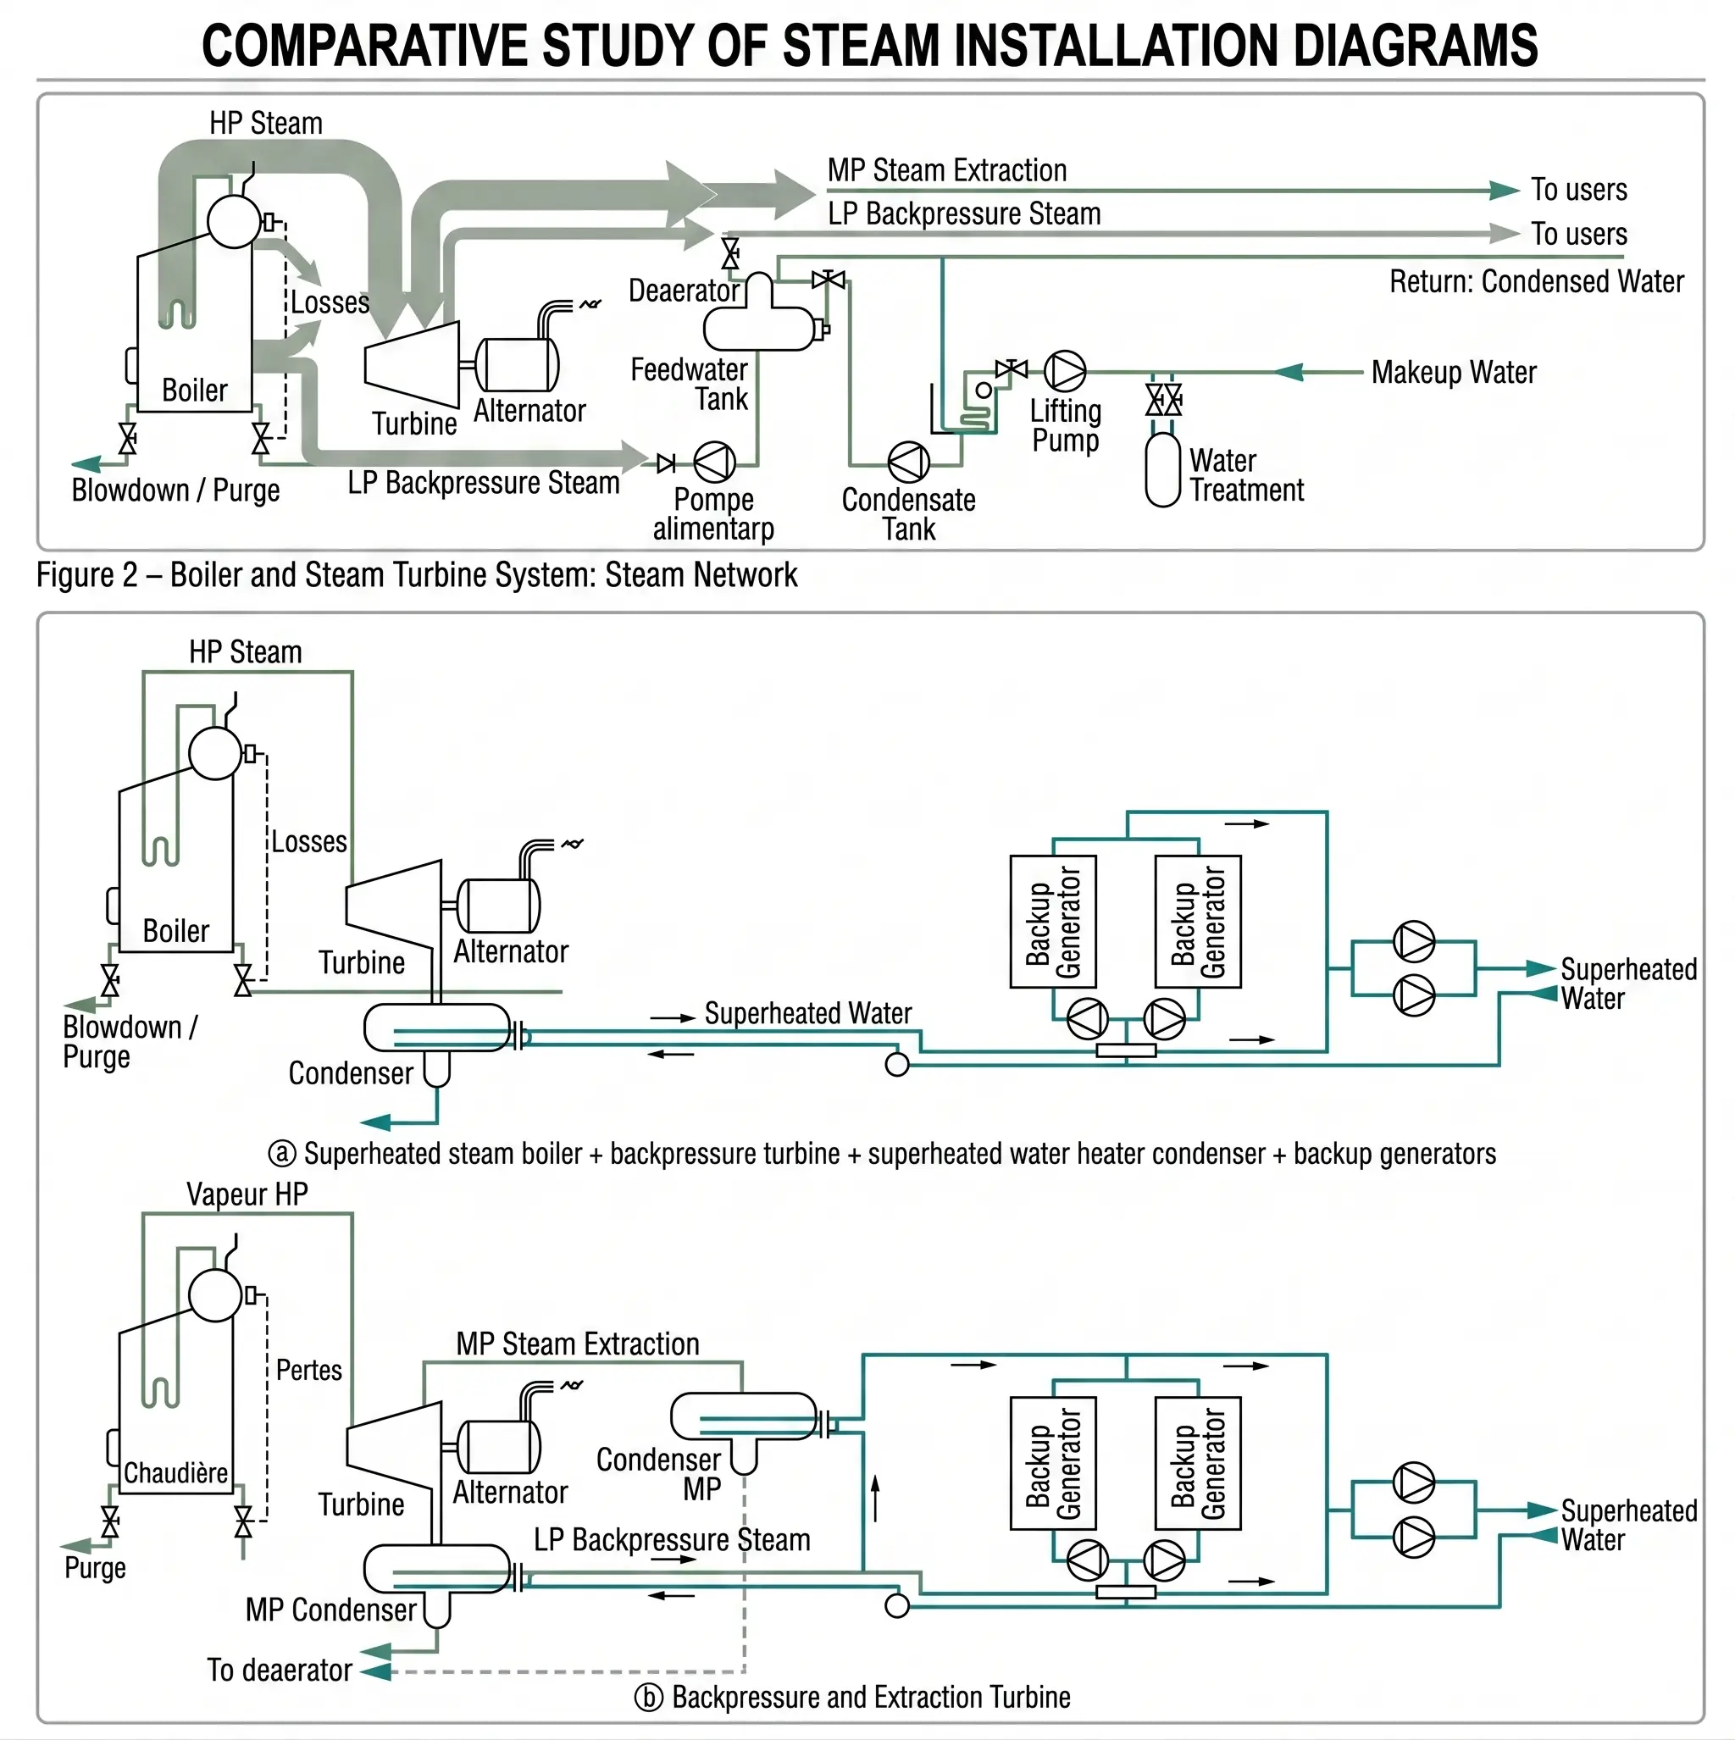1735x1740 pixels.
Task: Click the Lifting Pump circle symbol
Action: pyautogui.click(x=1065, y=370)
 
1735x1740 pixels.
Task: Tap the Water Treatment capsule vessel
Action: pyautogui.click(x=1162, y=469)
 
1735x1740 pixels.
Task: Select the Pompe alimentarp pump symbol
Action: pyautogui.click(x=714, y=462)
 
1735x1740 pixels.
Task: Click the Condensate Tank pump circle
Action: pyautogui.click(x=908, y=462)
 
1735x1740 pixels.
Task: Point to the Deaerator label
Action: pyautogui.click(x=683, y=291)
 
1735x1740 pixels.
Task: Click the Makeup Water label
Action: pyautogui.click(x=1453, y=372)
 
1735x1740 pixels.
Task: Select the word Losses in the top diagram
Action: pyautogui.click(x=330, y=302)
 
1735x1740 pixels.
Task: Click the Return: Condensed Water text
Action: pyautogui.click(x=1535, y=282)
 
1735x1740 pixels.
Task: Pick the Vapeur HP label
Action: pyautogui.click(x=247, y=1194)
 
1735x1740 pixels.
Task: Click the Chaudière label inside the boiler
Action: pyautogui.click(x=175, y=1473)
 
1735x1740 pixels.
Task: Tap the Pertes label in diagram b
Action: pyautogui.click(x=309, y=1371)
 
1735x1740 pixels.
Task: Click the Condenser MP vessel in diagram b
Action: pyautogui.click(x=743, y=1416)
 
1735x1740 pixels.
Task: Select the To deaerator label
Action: pyautogui.click(x=280, y=1671)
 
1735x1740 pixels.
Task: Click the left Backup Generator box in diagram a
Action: pyautogui.click(x=1052, y=922)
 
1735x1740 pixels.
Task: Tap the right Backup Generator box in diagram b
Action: pyautogui.click(x=1197, y=1463)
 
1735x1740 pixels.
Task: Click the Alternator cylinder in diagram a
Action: pyautogui.click(x=499, y=905)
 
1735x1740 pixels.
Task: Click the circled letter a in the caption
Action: pyautogui.click(x=282, y=1154)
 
